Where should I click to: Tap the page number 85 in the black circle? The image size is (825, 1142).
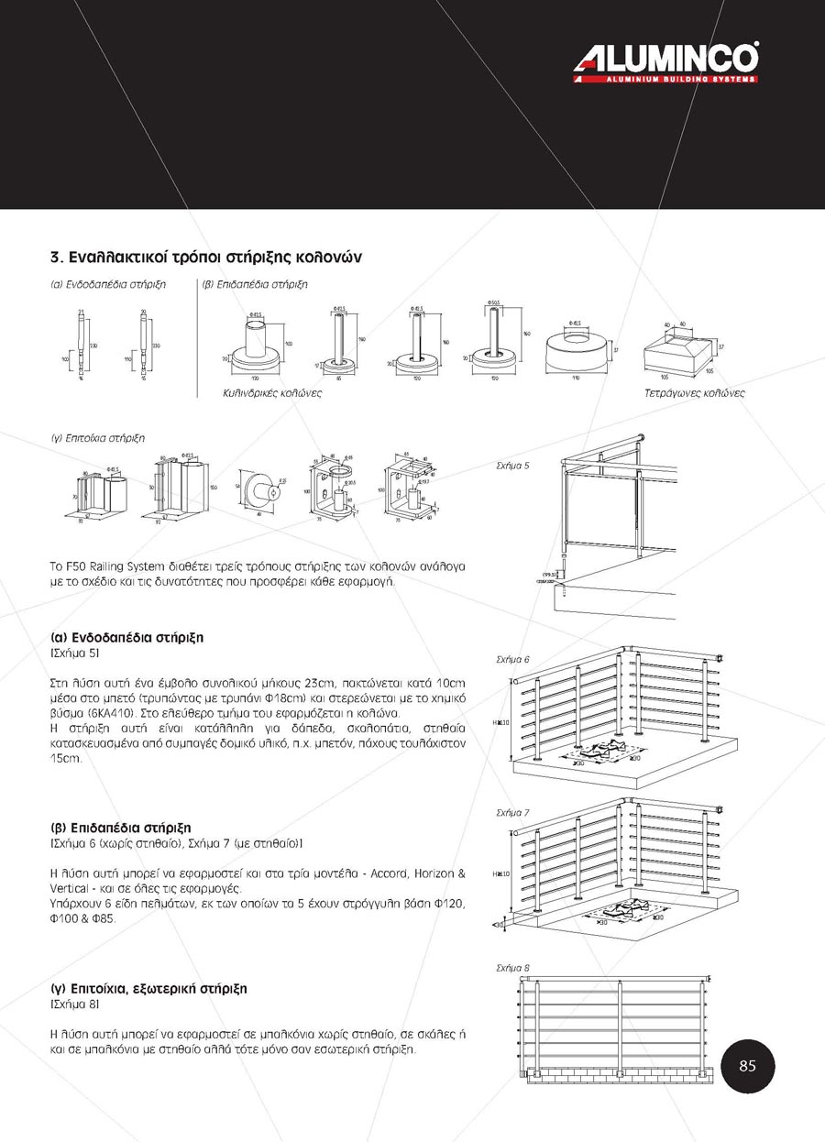pos(747,1066)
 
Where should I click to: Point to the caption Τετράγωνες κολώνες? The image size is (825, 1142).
pos(694,393)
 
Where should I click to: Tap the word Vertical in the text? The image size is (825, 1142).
pos(70,889)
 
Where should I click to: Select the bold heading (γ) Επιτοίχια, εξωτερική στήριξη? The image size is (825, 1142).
pos(148,990)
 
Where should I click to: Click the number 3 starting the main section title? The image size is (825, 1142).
pos(55,257)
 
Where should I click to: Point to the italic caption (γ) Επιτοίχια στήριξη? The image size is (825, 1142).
pos(98,438)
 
